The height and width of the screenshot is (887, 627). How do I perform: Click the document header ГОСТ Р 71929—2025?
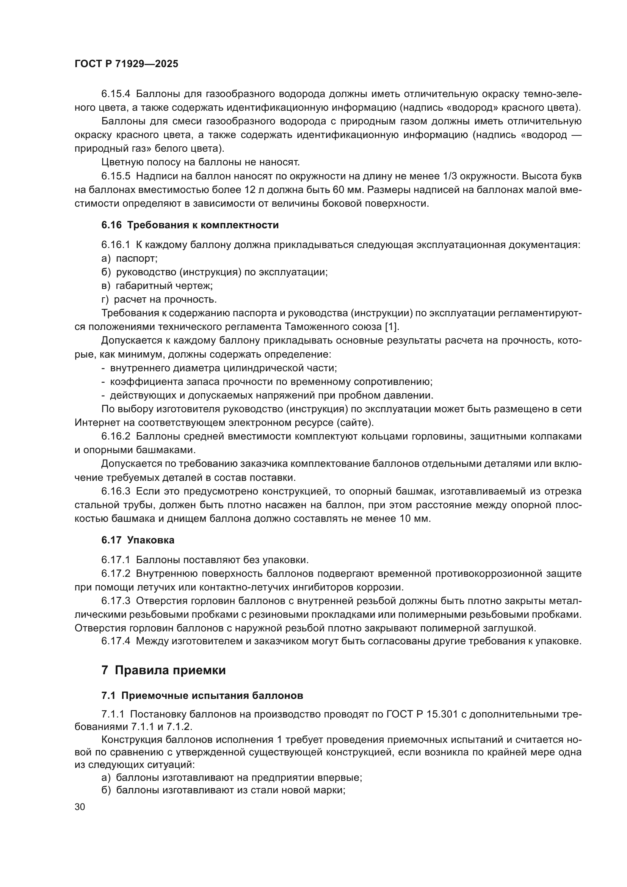126,64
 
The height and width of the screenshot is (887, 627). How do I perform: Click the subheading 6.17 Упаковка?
138,540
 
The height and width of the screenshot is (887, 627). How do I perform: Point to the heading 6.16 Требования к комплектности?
190,225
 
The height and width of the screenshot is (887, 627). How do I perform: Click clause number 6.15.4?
116,94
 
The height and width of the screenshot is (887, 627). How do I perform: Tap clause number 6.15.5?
116,176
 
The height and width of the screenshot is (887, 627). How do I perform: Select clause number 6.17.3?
116,601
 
